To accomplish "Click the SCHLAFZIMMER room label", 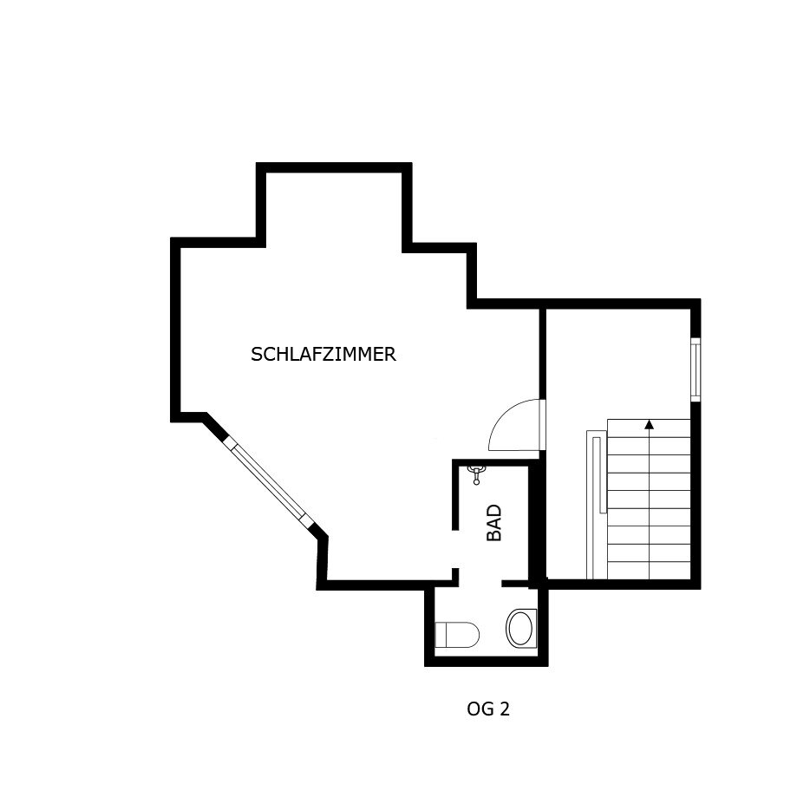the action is pyautogui.click(x=323, y=355).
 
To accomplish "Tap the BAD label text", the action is pyautogui.click(x=494, y=523).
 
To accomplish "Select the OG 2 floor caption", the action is pyautogui.click(x=488, y=709).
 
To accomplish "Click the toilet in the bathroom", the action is pyautogui.click(x=457, y=634).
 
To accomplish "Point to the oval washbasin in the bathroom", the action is pyautogui.click(x=521, y=628).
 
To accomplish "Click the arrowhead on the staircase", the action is pyautogui.click(x=649, y=424).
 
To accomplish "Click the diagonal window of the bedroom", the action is pyautogui.click(x=268, y=480).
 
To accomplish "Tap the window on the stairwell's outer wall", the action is pyautogui.click(x=696, y=369).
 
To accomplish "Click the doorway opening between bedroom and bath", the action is pyautogui.click(x=455, y=549).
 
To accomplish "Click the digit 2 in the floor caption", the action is pyautogui.click(x=504, y=709).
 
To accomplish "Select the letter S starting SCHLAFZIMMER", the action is pyautogui.click(x=257, y=355).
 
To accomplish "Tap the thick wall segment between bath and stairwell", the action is pyautogui.click(x=534, y=525).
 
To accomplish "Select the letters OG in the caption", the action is pyautogui.click(x=480, y=709).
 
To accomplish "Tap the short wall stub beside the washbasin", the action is pyautogui.click(x=515, y=583).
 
